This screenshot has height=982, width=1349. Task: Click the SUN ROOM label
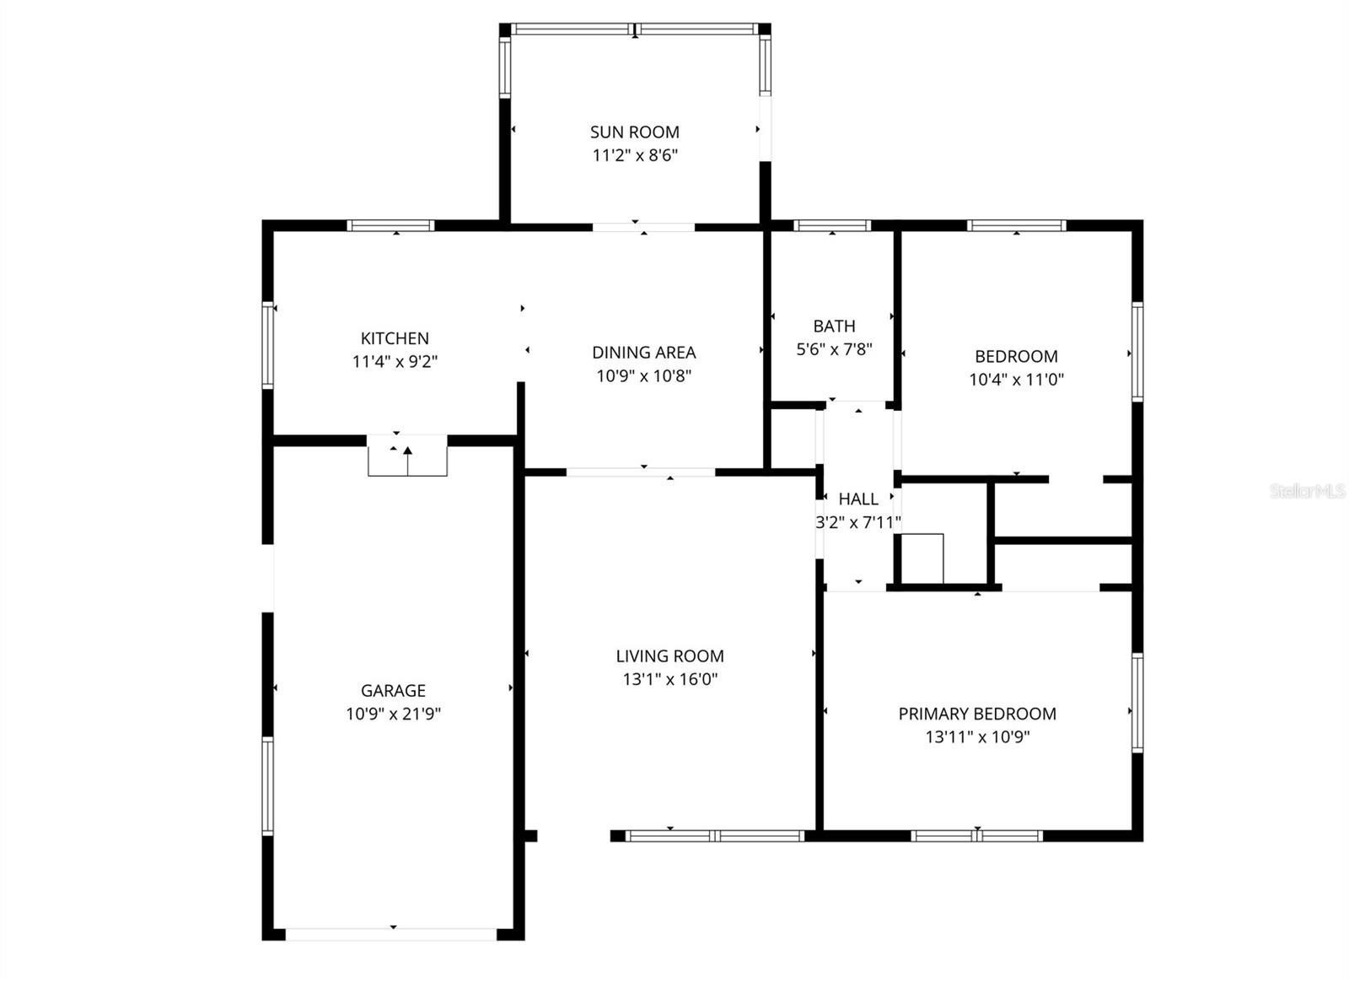634,132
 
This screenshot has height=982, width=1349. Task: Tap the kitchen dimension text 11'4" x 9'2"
395,362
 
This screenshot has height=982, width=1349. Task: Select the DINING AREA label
643,353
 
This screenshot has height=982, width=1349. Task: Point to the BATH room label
834,326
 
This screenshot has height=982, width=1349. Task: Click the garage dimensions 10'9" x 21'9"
393,714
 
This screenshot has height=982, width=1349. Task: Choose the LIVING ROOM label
669,656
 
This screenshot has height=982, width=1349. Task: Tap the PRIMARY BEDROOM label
976,714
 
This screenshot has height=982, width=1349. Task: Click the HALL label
858,499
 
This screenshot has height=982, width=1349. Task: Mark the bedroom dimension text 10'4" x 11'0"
1016,380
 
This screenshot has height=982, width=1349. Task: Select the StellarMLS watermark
1307,491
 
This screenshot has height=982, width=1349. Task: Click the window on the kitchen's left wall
268,344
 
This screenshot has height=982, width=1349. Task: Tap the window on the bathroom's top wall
832,225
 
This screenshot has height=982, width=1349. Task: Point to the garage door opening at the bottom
392,934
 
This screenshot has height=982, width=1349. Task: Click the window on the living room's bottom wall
715,836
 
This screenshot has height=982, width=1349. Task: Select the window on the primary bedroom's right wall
1137,703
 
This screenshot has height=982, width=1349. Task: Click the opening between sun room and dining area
643,227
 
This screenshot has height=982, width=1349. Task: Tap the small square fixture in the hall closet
922,558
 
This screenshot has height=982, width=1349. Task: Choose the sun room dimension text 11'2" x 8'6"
634,155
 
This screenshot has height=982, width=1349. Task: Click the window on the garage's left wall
268,785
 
